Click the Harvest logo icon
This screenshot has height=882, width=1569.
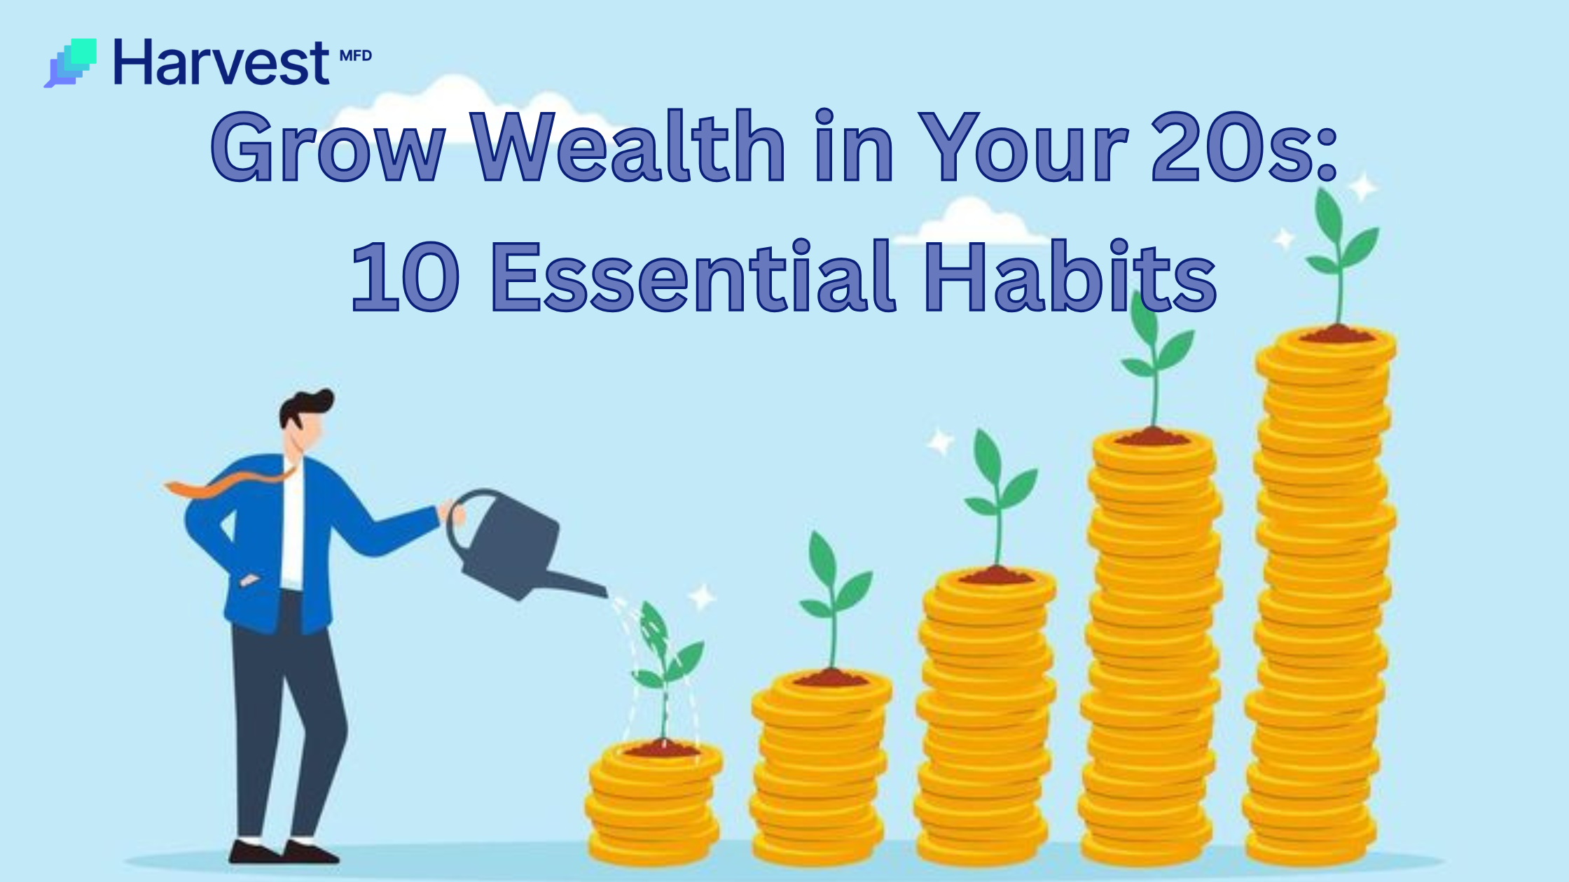[x=70, y=63]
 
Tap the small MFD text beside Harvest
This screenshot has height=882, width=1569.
[x=355, y=56]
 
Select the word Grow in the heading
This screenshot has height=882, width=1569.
[x=328, y=148]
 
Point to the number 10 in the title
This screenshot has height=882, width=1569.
[x=405, y=276]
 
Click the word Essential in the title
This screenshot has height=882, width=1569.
[x=693, y=276]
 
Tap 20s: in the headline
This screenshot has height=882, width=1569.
[x=1244, y=148]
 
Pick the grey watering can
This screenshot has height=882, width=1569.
[x=511, y=546]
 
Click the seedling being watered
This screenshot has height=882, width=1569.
[x=662, y=665]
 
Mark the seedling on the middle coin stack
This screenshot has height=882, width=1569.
[x=998, y=497]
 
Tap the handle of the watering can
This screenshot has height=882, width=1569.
[x=462, y=518]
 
